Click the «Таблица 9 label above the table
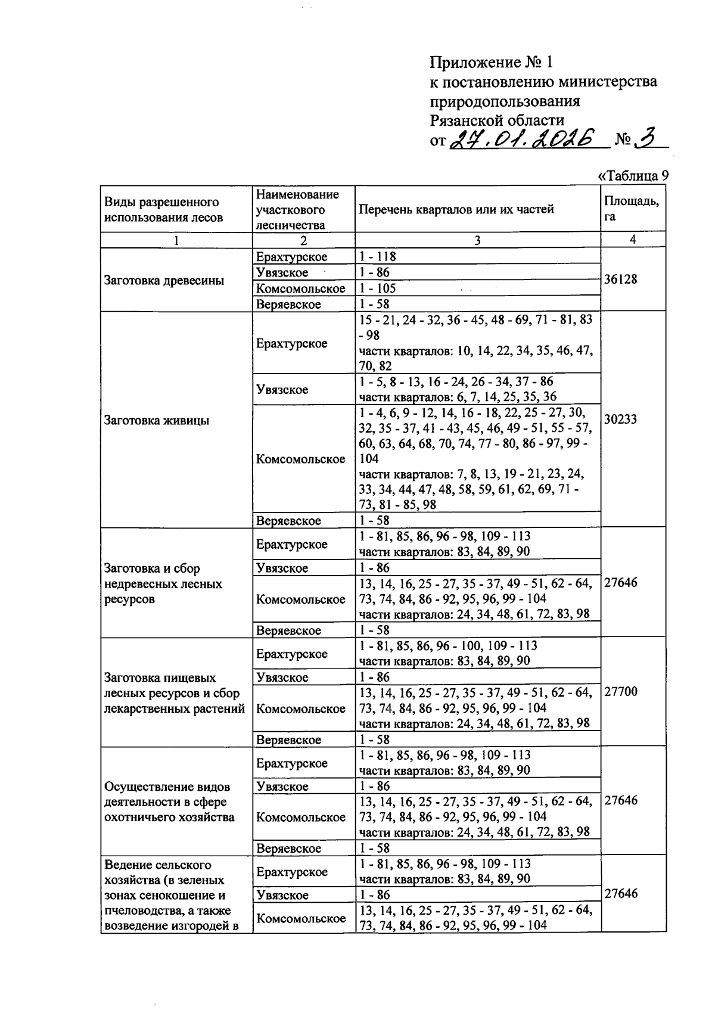click(632, 176)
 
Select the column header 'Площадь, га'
click(632, 209)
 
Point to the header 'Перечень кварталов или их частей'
click(456, 209)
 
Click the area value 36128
click(620, 279)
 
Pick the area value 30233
click(620, 419)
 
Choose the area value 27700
click(620, 691)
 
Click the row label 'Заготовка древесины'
click(164, 281)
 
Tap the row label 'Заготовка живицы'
click(156, 421)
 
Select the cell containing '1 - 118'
click(378, 257)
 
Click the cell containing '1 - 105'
click(378, 288)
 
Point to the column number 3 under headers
click(477, 240)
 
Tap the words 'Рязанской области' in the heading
click(497, 120)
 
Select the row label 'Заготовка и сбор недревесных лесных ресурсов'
click(163, 584)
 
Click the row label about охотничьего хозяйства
click(169, 801)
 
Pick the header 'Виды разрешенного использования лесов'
click(163, 209)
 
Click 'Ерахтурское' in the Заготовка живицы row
click(292, 344)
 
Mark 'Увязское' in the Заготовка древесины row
click(282, 273)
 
